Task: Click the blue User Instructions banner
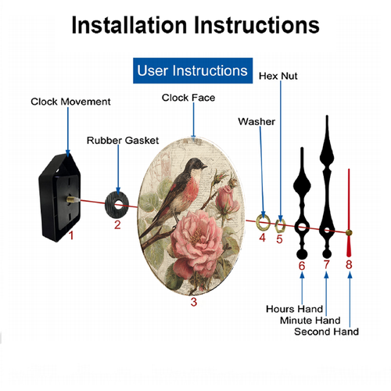(x=192, y=70)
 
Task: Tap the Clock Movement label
(x=70, y=102)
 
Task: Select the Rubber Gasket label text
(x=123, y=140)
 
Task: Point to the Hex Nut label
(x=278, y=76)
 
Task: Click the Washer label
(x=256, y=121)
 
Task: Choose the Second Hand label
(x=326, y=332)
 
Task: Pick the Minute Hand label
(x=310, y=320)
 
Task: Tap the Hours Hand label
(x=295, y=309)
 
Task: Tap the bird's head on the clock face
(x=197, y=165)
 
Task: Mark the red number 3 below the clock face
(x=194, y=302)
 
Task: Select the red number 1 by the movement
(x=71, y=235)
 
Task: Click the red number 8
(x=349, y=264)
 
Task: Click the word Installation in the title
(x=129, y=25)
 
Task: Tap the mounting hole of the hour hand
(x=302, y=228)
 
